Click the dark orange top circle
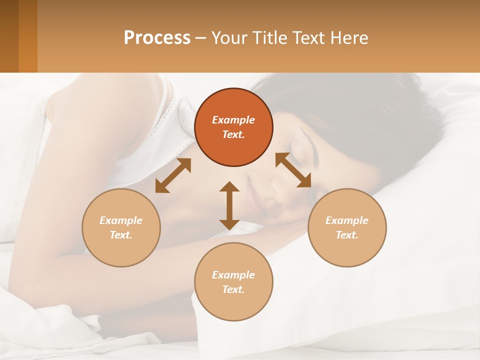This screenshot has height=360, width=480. [233, 127]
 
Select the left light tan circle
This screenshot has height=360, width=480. [121, 227]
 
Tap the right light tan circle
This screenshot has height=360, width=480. [347, 227]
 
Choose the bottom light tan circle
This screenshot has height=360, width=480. [233, 282]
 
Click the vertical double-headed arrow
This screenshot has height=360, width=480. [229, 205]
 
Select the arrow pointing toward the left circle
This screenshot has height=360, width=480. [173, 175]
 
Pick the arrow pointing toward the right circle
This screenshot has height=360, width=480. [293, 170]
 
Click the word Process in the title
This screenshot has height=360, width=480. [157, 37]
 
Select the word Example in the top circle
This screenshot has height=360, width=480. [233, 120]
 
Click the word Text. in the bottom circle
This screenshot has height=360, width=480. [233, 289]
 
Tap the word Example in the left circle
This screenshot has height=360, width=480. [121, 220]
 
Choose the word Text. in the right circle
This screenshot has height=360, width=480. [347, 235]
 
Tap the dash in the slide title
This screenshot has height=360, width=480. [201, 38]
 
